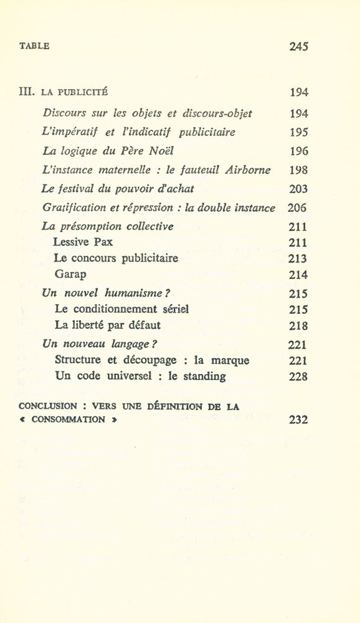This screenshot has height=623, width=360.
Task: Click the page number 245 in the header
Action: pyautogui.click(x=299, y=46)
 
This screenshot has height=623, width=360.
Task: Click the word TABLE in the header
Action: pyautogui.click(x=34, y=46)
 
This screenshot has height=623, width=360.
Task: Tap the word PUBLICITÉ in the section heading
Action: pyautogui.click(x=83, y=93)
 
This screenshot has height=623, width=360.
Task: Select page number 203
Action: pyautogui.click(x=299, y=189)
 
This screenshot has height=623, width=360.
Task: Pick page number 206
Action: pyautogui.click(x=298, y=208)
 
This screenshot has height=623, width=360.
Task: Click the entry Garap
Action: pyautogui.click(x=69, y=274)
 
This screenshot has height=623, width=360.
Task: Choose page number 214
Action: pyautogui.click(x=299, y=274)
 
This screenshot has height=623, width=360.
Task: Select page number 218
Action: pyautogui.click(x=299, y=325)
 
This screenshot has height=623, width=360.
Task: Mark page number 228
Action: pyautogui.click(x=299, y=376)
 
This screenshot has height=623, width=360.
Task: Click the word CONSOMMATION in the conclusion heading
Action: pyautogui.click(x=68, y=420)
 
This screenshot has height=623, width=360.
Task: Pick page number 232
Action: pyautogui.click(x=299, y=420)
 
